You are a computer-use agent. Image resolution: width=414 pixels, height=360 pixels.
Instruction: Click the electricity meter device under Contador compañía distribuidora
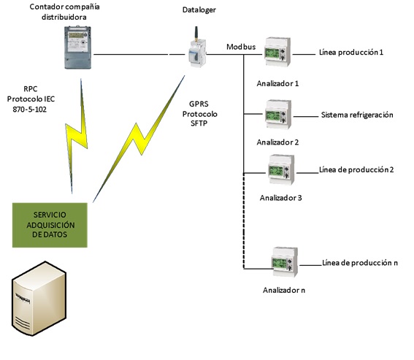(x=78, y=47)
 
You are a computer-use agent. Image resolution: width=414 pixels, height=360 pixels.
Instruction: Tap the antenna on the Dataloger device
(x=196, y=34)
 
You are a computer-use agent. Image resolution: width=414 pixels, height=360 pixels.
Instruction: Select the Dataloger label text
(x=199, y=10)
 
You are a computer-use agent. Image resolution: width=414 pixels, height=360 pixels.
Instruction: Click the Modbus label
(x=241, y=47)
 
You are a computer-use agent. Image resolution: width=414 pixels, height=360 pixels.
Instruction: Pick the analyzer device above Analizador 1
(x=277, y=52)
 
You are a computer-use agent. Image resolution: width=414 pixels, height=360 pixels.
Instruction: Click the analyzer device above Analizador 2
(x=278, y=114)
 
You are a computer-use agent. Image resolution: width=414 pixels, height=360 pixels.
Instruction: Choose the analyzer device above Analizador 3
(x=281, y=169)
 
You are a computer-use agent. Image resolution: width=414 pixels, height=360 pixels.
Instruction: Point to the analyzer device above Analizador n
(x=285, y=261)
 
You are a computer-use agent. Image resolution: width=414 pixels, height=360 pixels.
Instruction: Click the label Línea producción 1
(x=351, y=53)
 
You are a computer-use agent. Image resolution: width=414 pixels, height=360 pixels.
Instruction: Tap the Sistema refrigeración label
(x=357, y=115)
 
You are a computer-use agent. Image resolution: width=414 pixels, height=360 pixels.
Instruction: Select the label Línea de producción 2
(x=356, y=169)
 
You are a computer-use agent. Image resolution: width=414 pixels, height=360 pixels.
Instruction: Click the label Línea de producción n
(x=360, y=263)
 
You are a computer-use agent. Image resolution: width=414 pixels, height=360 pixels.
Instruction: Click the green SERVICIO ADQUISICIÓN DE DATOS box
(x=50, y=225)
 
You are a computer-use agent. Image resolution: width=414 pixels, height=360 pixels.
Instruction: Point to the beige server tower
(x=39, y=299)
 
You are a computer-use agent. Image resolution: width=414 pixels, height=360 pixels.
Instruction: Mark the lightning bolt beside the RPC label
(x=76, y=134)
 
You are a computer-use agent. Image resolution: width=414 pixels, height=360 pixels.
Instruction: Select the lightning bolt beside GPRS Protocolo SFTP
(x=139, y=139)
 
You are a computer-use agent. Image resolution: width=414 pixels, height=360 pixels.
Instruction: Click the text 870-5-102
(x=29, y=110)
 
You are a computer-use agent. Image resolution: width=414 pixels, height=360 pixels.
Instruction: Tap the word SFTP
(x=199, y=123)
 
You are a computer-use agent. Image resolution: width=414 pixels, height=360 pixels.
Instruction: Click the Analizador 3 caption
(x=280, y=198)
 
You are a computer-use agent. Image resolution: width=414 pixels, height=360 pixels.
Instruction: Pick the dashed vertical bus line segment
(x=243, y=221)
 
